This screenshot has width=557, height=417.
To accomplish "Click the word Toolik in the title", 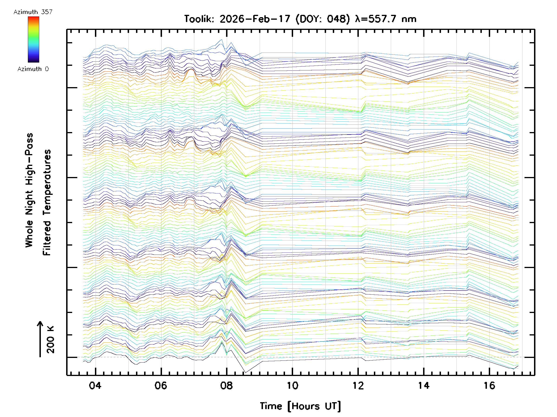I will [x=199, y=19].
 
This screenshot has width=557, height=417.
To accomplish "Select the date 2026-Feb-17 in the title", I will [x=255, y=19].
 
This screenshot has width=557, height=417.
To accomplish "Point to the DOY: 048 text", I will [x=323, y=19].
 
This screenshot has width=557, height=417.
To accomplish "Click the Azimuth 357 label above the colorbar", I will [x=33, y=12].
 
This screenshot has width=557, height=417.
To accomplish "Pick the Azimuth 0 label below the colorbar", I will [x=33, y=69].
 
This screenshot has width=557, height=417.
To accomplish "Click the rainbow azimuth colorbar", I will [x=33, y=39].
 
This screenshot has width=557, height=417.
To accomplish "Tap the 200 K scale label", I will [x=50, y=340].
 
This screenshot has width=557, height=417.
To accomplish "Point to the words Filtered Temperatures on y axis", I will [x=47, y=203].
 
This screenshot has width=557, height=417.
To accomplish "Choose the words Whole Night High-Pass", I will [x=29, y=190].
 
